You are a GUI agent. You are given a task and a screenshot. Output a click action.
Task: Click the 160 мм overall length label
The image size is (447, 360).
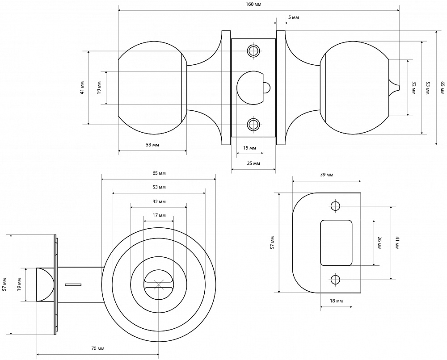254,4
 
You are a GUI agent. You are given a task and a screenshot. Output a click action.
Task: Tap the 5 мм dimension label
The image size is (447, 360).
294,17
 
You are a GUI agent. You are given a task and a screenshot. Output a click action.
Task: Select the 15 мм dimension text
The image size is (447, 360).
249,148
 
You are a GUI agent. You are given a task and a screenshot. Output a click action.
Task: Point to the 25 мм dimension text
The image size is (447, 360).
253,163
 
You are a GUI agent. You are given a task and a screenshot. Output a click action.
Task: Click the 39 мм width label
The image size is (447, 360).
327,174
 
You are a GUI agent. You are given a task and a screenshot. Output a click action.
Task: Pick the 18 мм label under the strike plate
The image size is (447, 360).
336,301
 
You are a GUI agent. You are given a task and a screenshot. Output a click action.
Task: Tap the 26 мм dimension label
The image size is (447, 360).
379,242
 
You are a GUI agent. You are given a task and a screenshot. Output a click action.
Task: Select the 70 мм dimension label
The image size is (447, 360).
97,348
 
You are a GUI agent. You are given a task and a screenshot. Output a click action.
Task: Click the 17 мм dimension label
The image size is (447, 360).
159,215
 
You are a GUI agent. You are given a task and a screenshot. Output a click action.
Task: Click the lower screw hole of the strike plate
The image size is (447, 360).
336,280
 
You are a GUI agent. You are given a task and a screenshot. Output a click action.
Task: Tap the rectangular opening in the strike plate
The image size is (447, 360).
336,243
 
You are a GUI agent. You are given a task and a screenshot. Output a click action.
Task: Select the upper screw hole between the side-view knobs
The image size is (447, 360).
254,50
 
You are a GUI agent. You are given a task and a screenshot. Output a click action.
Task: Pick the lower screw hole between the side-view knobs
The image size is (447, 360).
254,124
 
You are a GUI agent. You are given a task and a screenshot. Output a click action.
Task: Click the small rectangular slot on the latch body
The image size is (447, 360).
72,284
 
